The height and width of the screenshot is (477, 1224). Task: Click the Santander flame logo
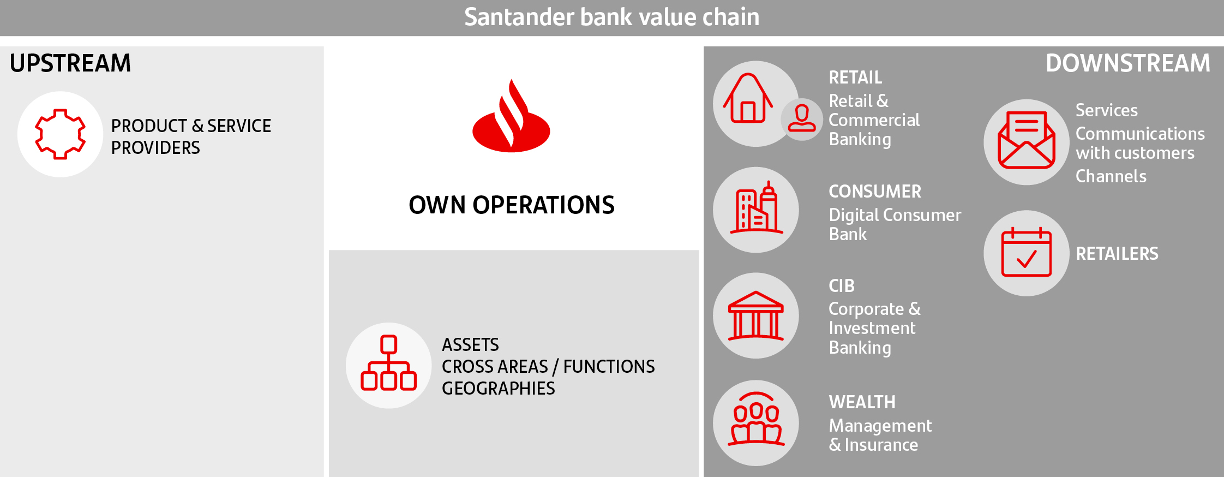click(x=511, y=116)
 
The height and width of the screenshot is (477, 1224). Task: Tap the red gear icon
click(x=60, y=134)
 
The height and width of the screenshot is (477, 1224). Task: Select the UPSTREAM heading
click(x=70, y=63)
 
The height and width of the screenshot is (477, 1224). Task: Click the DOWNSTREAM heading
click(x=1127, y=63)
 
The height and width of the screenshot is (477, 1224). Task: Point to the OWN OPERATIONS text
click(x=512, y=205)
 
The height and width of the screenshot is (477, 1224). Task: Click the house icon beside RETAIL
click(x=748, y=98)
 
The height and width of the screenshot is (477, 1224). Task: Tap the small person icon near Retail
click(x=801, y=118)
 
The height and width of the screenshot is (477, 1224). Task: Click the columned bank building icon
click(x=756, y=315)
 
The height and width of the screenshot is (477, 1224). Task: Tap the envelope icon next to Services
click(x=1027, y=140)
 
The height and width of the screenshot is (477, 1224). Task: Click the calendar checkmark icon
click(x=1027, y=252)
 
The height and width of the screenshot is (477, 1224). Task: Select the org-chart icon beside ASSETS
click(x=388, y=363)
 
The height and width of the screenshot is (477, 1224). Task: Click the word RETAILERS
click(x=1117, y=254)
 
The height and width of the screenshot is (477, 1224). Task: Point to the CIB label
click(x=842, y=286)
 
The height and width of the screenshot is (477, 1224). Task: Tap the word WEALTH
click(x=862, y=402)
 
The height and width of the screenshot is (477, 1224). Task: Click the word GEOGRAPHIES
click(x=498, y=389)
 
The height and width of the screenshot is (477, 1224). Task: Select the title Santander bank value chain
click(x=612, y=17)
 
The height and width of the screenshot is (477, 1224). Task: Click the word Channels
click(x=1111, y=176)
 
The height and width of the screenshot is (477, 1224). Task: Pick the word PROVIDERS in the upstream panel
click(x=155, y=148)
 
